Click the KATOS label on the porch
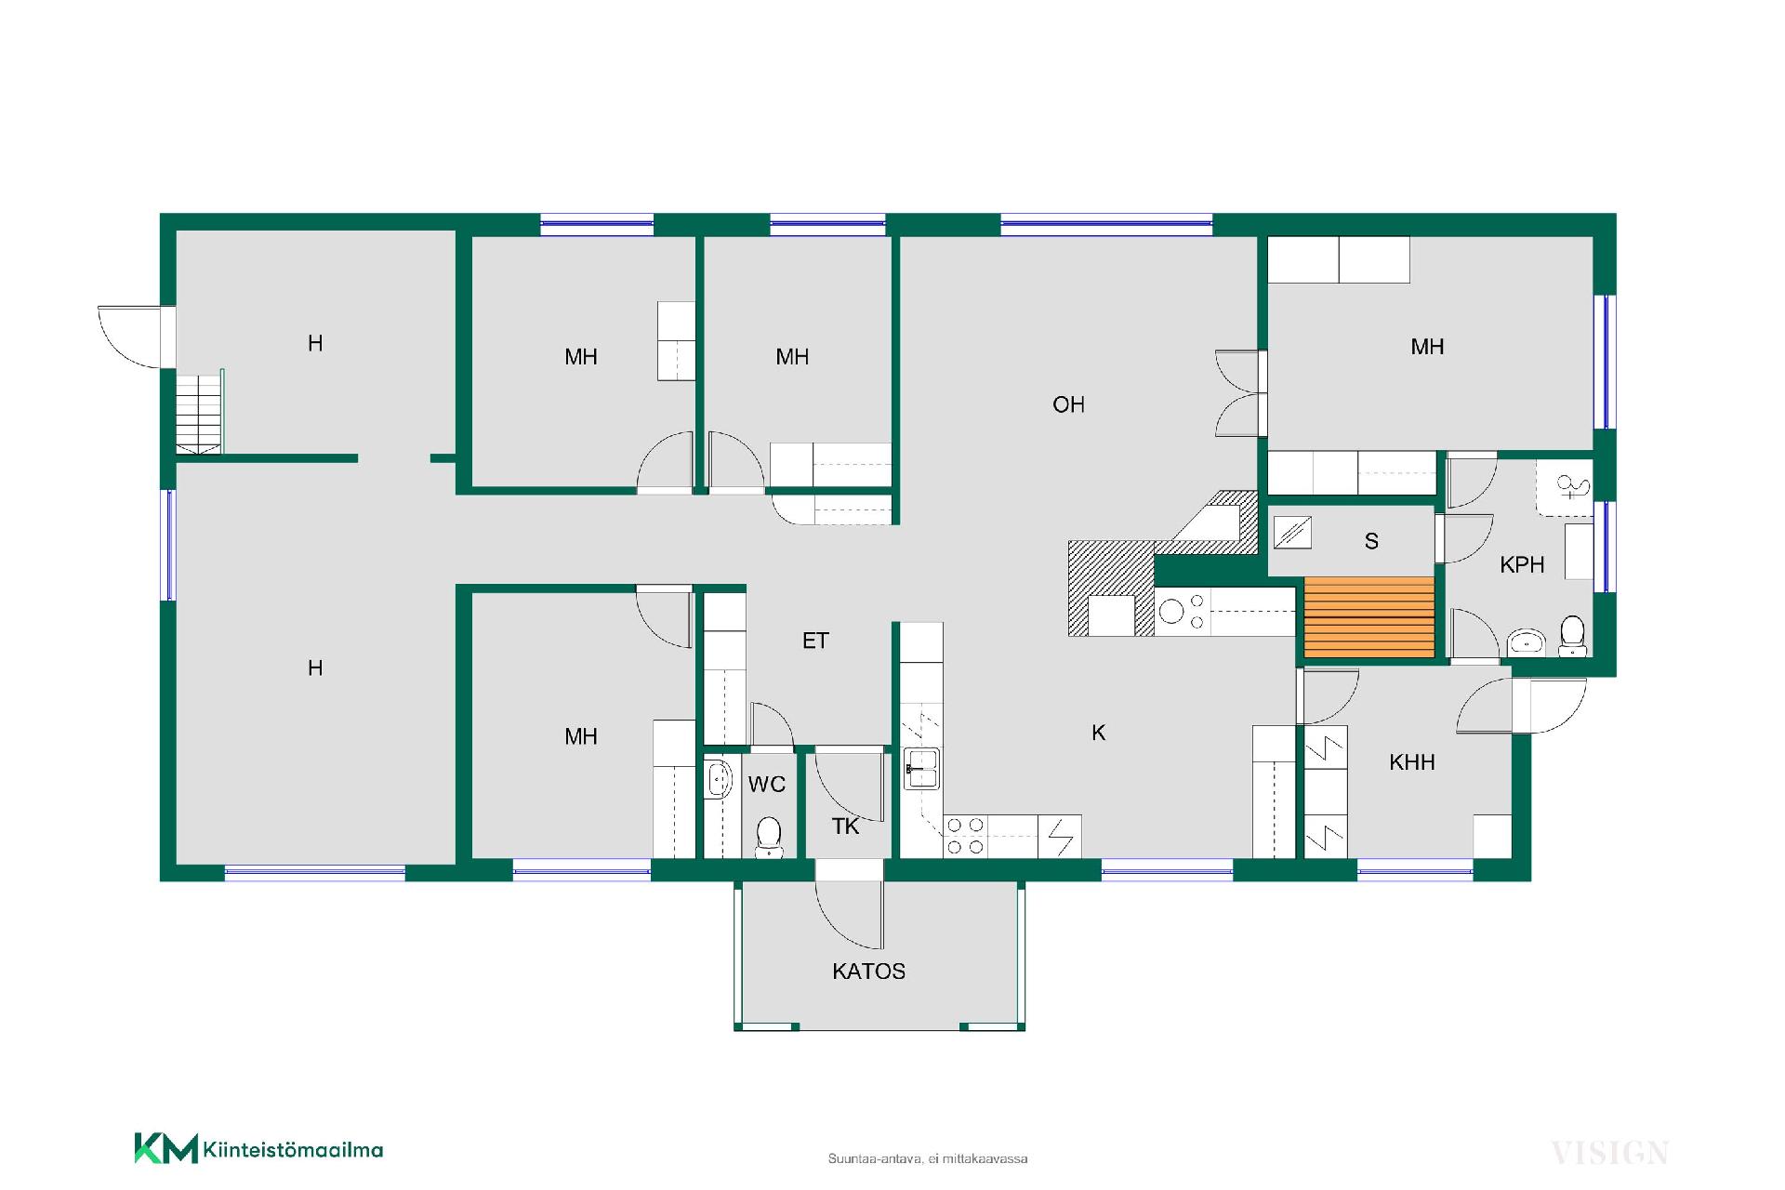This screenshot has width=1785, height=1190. (868, 972)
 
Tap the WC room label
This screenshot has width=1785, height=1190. (767, 785)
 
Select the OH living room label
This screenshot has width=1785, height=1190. (1068, 404)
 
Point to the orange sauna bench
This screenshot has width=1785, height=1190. (1368, 617)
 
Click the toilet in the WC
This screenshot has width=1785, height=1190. (769, 836)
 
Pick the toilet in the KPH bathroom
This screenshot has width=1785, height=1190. (1572, 635)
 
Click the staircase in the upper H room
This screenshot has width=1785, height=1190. (200, 413)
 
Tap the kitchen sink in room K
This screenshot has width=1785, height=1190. (921, 769)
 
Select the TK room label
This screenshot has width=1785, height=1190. (845, 826)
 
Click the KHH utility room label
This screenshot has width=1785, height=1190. (1411, 763)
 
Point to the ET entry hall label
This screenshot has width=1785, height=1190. (815, 641)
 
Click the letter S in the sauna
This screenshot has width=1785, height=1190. (1371, 541)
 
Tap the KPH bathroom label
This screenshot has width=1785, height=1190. (1522, 564)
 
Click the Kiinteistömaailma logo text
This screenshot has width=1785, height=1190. (292, 1150)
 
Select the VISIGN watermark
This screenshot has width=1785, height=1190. (1609, 1154)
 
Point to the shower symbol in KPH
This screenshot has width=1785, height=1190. (1571, 487)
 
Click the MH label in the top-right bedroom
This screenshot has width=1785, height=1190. (1427, 347)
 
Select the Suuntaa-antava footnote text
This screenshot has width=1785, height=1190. (928, 1158)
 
